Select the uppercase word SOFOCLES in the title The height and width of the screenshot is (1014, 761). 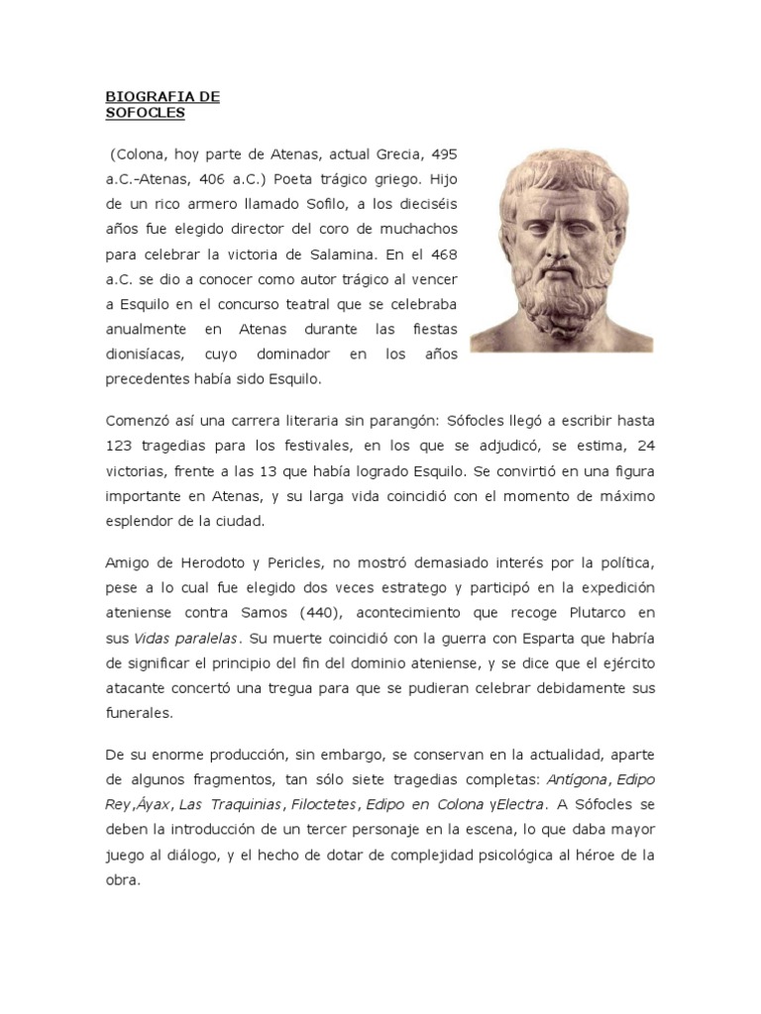pyautogui.click(x=145, y=113)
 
